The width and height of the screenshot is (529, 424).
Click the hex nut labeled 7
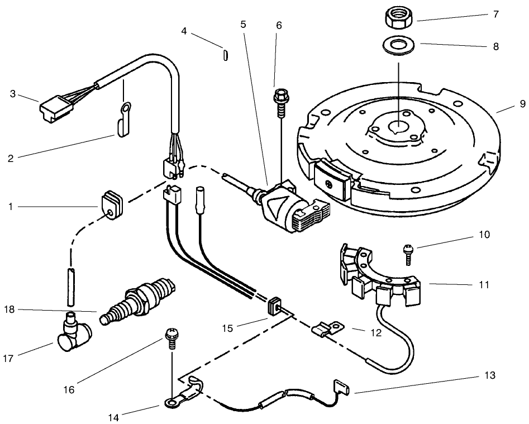(398, 18)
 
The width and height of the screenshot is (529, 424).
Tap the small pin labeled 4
(223, 55)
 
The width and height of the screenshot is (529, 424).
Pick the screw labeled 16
(170, 338)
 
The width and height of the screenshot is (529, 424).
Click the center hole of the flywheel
(398, 128)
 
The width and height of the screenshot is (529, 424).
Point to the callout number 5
(243, 25)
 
